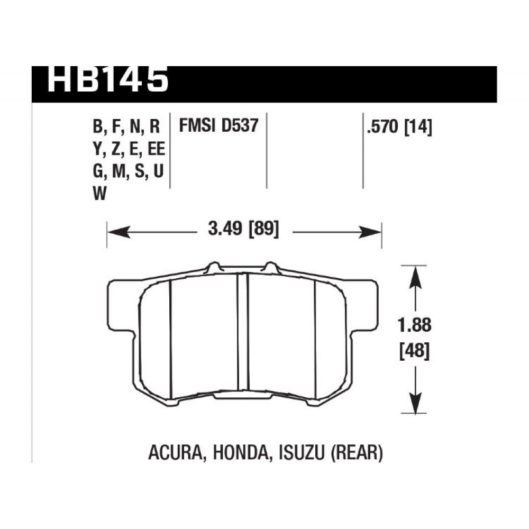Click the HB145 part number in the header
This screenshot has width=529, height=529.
pyautogui.click(x=107, y=79)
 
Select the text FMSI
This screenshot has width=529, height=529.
pyautogui.click(x=197, y=125)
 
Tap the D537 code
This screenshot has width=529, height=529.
pyautogui.click(x=240, y=125)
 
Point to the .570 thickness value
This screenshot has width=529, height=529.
pyautogui.click(x=383, y=127)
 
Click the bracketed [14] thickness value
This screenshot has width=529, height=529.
pyautogui.click(x=418, y=127)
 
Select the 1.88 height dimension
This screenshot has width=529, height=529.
pyautogui.click(x=415, y=325)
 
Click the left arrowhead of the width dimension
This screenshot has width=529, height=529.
pyautogui.click(x=118, y=232)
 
